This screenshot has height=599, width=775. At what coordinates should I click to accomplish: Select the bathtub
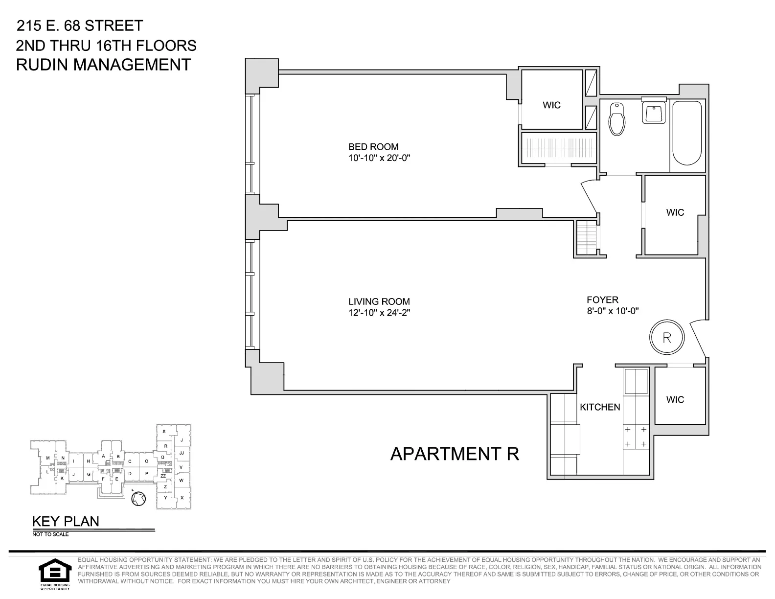point(687,133)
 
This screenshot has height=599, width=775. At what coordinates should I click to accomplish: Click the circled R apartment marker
point(666,337)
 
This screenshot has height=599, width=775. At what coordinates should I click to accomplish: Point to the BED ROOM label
point(373,146)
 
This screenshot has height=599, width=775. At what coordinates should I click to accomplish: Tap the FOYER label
point(603,299)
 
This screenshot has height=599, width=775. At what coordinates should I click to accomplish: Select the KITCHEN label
point(600,407)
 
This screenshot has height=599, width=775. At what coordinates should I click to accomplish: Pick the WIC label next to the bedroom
point(551,105)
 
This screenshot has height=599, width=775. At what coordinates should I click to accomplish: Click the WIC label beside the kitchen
point(675,400)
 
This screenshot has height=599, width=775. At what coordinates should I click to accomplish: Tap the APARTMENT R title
point(455,454)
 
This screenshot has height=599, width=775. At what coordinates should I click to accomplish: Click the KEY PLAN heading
point(66,521)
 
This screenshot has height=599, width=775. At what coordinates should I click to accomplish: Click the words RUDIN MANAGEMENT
point(103,65)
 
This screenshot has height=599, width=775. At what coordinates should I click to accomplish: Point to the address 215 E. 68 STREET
point(80,25)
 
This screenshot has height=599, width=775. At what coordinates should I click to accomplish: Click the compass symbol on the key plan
point(139,498)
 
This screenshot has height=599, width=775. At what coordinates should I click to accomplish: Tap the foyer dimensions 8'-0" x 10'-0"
point(614,311)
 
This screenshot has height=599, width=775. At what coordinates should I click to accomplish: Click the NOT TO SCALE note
point(50,534)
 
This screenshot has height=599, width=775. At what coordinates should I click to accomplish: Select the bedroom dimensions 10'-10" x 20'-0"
point(378,158)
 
